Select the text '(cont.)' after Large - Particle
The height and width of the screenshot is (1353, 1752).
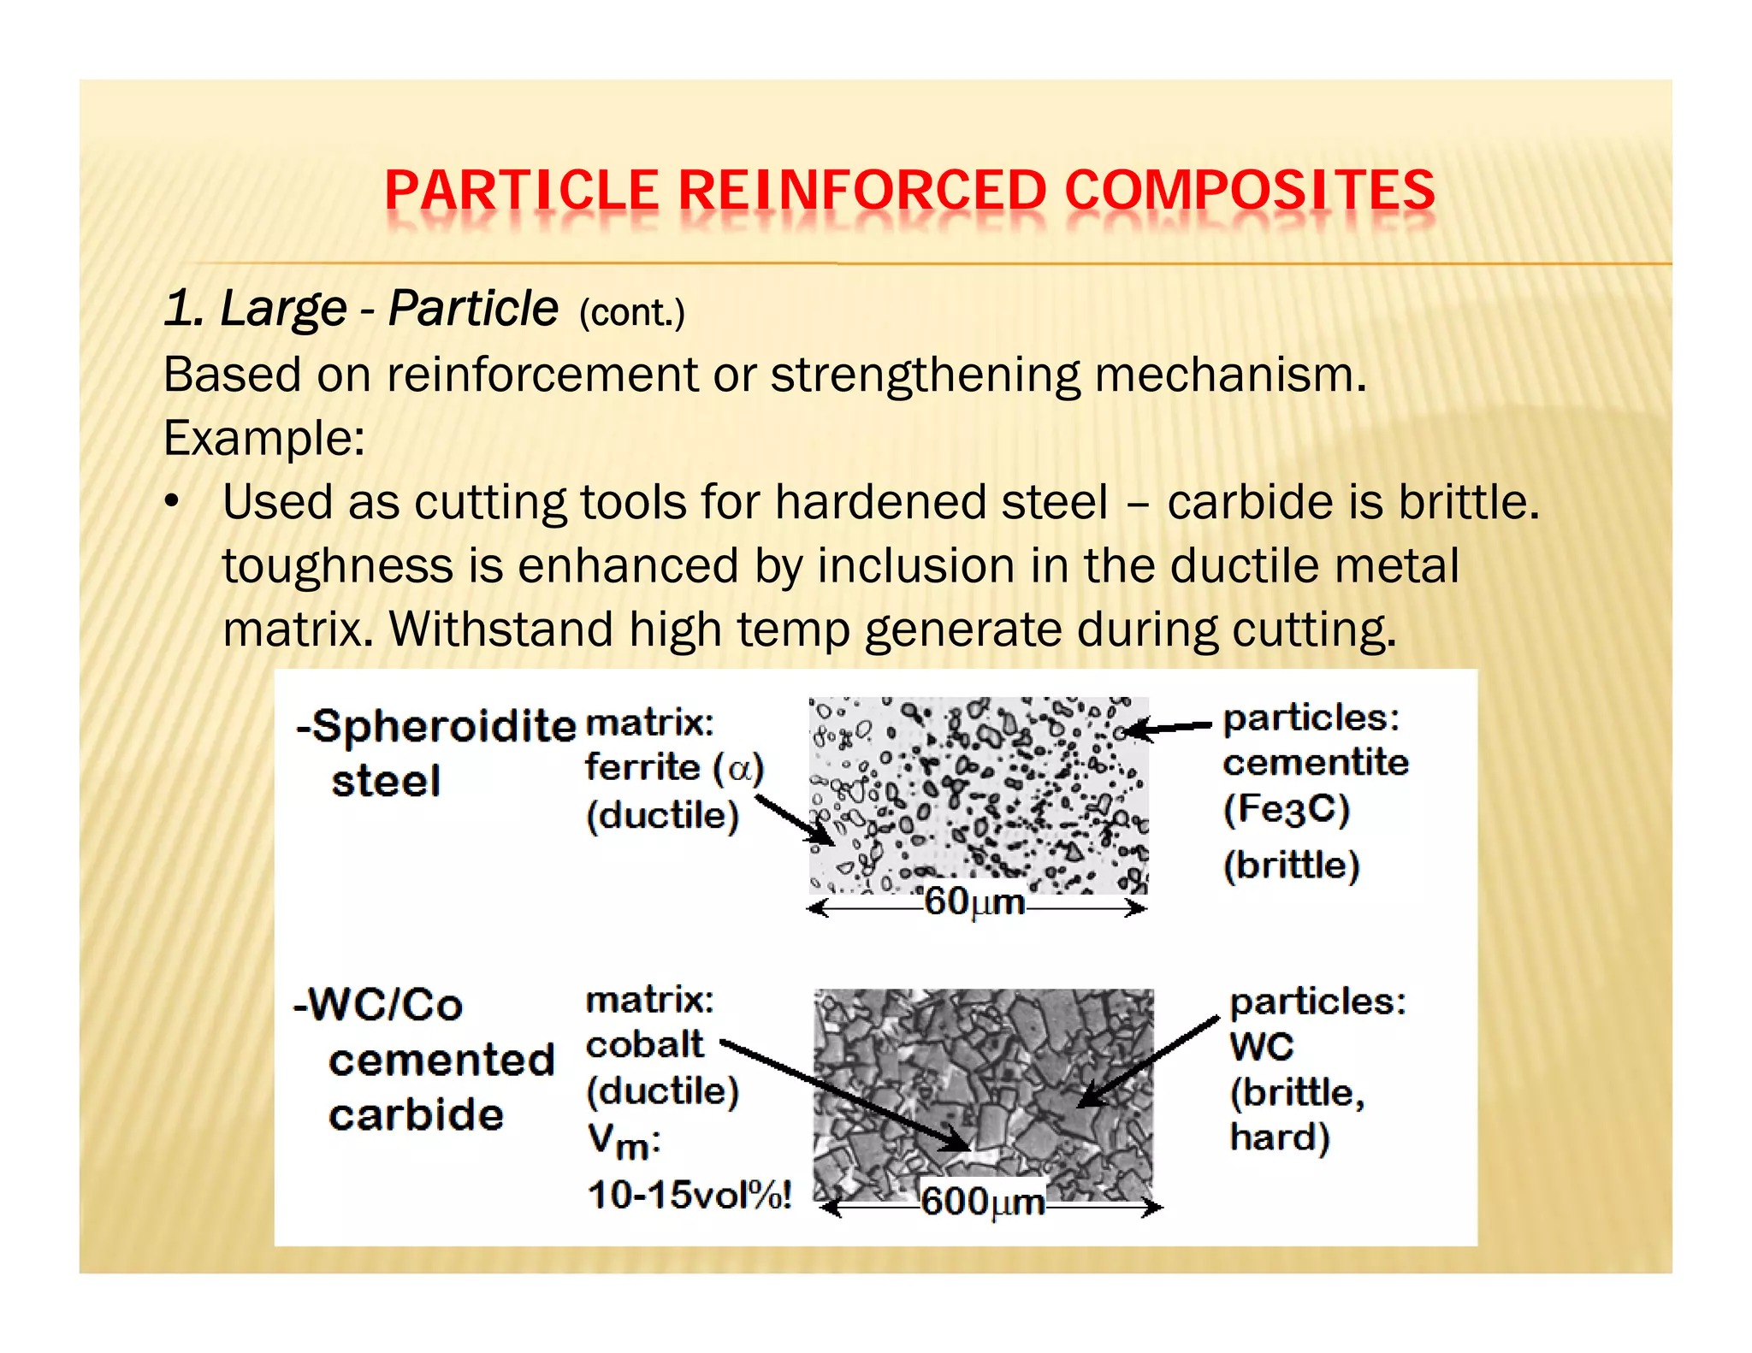coord(631,313)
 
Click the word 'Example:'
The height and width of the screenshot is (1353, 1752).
coord(263,438)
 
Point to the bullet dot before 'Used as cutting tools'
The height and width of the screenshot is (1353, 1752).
coord(174,502)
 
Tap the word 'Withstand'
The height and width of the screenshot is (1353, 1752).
coord(501,629)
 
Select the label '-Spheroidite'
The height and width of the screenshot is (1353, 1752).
coord(435,727)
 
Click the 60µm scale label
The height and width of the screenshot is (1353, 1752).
coord(974,902)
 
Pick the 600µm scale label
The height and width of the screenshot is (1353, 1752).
coord(982,1202)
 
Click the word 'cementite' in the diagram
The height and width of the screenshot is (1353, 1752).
coord(1315,762)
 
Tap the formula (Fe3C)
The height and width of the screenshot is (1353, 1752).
coord(1286,809)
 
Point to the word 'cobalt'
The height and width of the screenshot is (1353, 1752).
coord(644,1044)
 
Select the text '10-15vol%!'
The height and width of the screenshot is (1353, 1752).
coord(690,1195)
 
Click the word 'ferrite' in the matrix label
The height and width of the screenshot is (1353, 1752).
coord(642,767)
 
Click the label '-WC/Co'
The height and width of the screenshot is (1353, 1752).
coord(378,1005)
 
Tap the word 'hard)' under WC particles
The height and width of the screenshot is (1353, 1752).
coord(1279,1138)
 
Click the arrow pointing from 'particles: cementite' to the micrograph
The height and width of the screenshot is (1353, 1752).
coord(1168,728)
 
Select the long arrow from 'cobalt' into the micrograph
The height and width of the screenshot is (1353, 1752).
coord(847,1096)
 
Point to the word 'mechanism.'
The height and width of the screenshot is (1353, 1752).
coord(1231,375)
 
